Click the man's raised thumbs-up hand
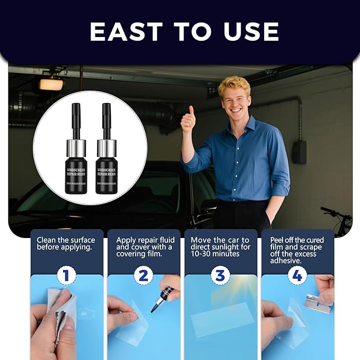pos(188,121)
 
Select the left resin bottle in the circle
pos(76,153)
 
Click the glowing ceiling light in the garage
pos(51,84)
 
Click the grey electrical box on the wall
pos(299,152)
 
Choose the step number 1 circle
pos(67,276)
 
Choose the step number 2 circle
pos(144,276)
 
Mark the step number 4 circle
pos(297,276)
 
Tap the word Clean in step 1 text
pos(47,240)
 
